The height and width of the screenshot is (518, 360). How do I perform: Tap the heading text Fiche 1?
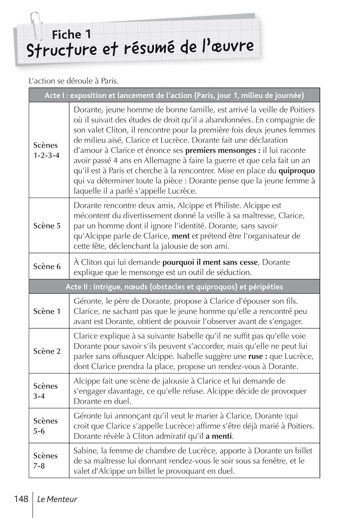71,35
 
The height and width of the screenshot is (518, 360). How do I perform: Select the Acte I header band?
174,95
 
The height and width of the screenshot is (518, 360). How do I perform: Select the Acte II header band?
174,287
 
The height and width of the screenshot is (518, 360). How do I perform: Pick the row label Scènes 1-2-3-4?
46,150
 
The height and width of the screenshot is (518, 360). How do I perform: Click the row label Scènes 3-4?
45,391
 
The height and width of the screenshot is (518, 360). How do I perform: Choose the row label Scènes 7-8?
45,461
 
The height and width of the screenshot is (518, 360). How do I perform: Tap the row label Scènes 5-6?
45,426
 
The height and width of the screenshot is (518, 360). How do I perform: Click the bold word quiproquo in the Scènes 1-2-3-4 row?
296,171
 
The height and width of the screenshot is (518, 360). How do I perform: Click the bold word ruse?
256,356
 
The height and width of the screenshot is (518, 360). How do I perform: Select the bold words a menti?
219,436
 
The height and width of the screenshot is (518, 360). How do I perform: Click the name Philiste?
227,205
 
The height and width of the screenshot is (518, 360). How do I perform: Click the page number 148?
21,499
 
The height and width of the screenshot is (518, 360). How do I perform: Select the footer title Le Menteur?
57,499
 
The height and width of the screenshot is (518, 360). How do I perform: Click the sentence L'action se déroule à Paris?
74,81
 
